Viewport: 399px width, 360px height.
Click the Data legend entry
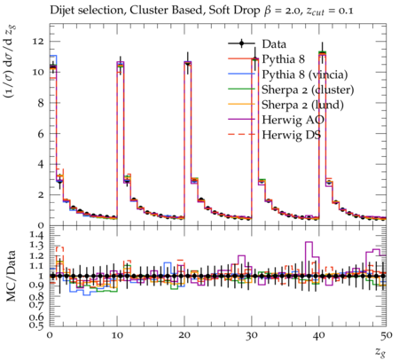tap(274, 43)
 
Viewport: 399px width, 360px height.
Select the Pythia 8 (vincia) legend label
tap(305, 74)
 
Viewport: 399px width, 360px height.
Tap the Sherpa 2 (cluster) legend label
tap(308, 90)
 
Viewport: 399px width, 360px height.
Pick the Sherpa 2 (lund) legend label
tap(302, 105)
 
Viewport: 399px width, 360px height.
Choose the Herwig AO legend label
tap(293, 120)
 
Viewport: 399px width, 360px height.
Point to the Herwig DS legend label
tap(291, 135)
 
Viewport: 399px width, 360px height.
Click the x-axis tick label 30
tap(252, 335)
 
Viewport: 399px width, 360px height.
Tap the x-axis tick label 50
tap(387, 335)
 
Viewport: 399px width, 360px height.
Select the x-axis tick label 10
tap(117, 335)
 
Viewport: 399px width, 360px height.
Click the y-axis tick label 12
tap(38, 42)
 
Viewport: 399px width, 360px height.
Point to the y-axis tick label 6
tap(41, 134)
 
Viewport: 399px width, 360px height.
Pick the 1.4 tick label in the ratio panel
tap(36, 236)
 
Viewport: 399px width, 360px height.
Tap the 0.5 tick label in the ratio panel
tap(36, 325)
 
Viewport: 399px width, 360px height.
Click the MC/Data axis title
tap(11, 276)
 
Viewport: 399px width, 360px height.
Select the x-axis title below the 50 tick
tap(380, 352)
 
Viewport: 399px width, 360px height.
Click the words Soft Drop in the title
tap(235, 11)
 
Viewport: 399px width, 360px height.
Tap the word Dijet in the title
tap(61, 11)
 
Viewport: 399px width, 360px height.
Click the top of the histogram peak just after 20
tap(188, 62)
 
